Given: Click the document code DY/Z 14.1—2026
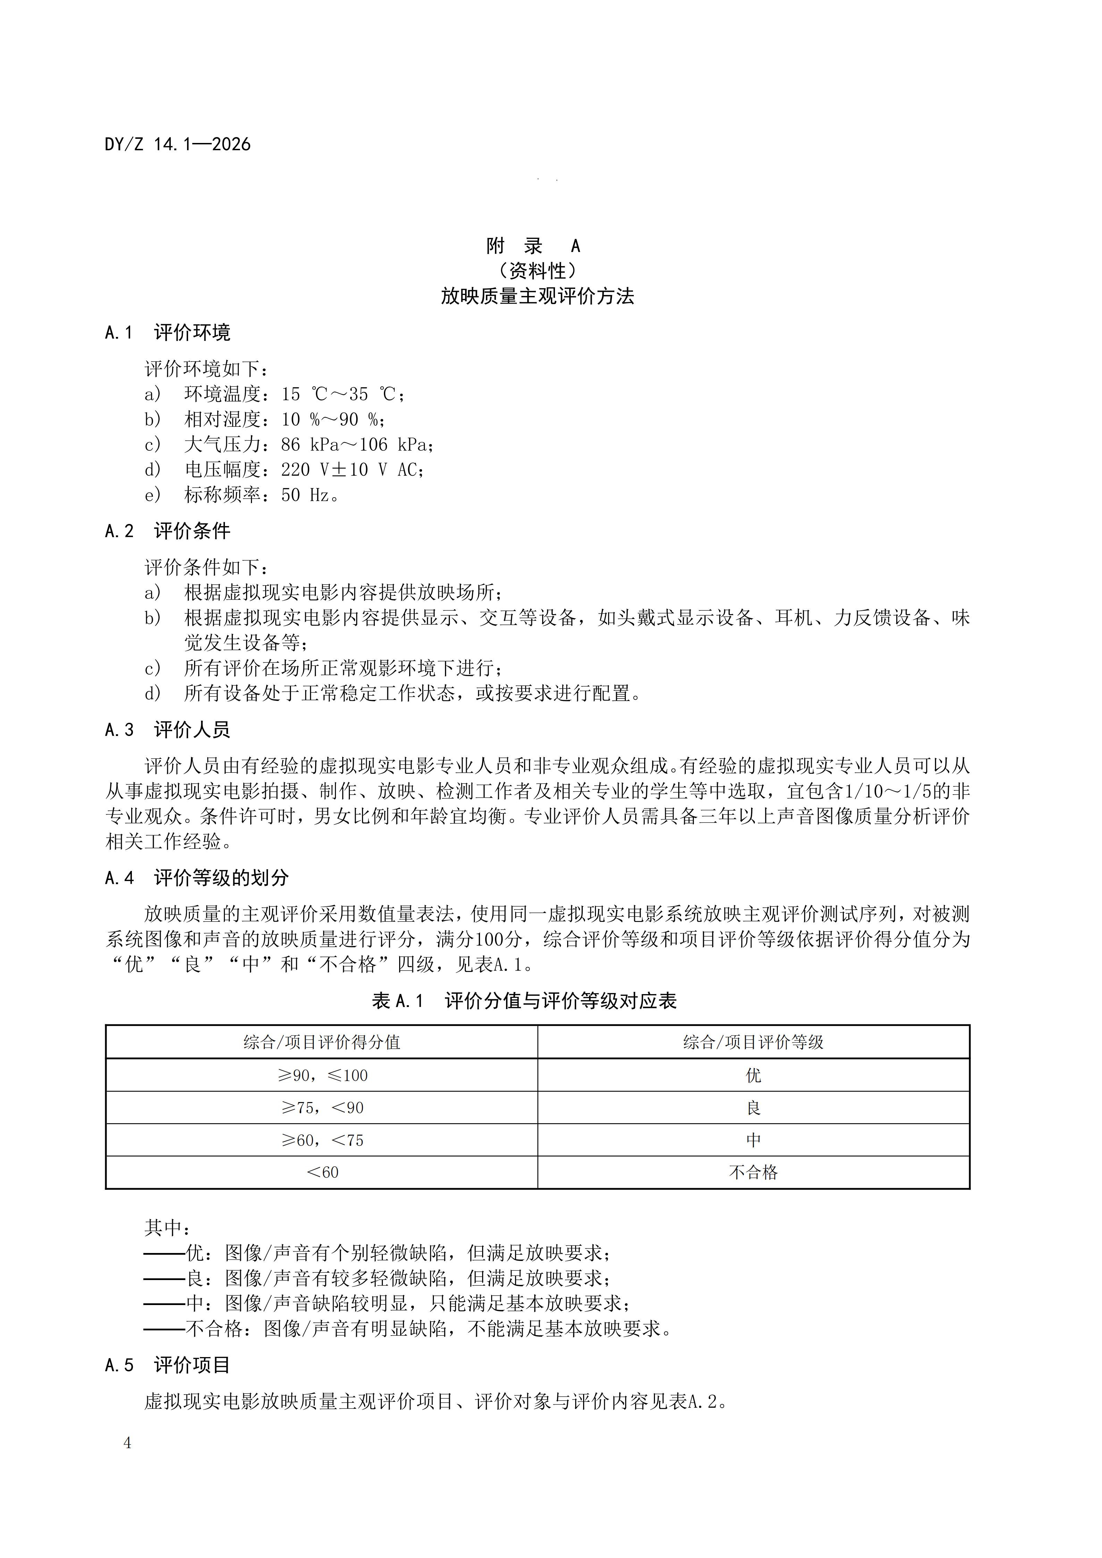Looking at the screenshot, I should tap(178, 145).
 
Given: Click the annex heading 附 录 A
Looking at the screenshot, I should tap(533, 246).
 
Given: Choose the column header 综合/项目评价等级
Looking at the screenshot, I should tap(753, 1042).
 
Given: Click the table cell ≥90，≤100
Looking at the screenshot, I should tap(322, 1076).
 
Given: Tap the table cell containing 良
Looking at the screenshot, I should tap(753, 1108).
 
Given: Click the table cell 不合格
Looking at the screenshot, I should tap(753, 1172).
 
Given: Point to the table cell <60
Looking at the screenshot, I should tap(322, 1172).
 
